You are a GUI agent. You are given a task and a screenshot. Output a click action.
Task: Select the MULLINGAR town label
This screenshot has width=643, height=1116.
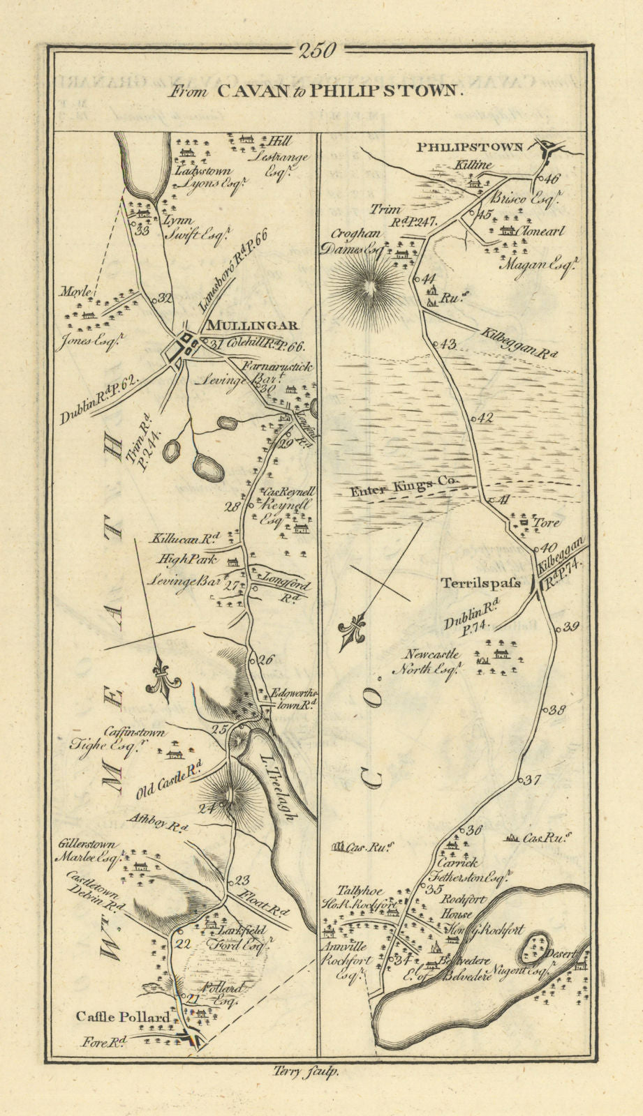coord(251,325)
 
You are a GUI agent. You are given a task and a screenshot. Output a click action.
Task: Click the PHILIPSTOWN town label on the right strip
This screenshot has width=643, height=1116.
coord(470,147)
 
